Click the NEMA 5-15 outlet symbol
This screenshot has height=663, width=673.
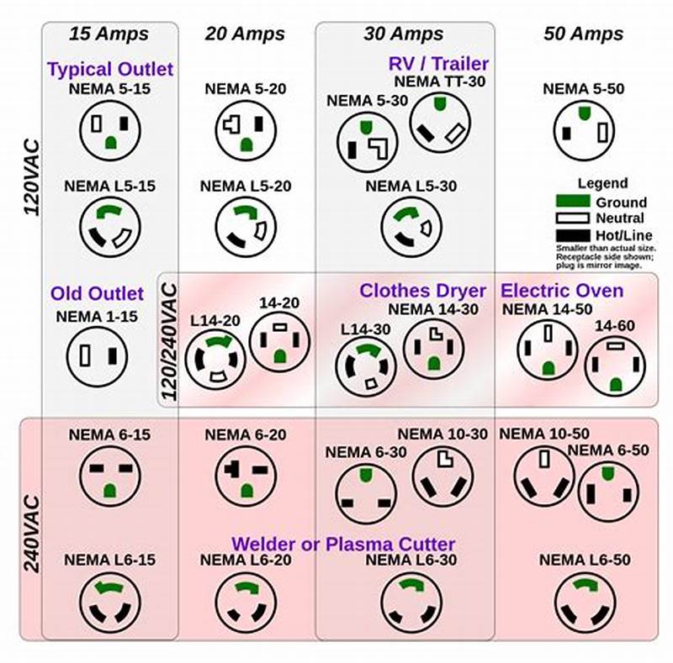point(110,130)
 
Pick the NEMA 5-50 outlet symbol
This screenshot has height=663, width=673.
point(583,129)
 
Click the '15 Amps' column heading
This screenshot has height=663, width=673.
point(109,34)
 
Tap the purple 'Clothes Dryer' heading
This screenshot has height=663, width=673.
point(422,291)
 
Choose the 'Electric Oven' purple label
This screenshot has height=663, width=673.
point(562,291)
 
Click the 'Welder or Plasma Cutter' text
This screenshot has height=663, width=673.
point(343,544)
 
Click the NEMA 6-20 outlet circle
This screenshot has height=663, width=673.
point(246,476)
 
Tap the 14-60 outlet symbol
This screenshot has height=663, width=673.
point(615,366)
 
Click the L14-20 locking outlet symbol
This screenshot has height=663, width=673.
point(215,359)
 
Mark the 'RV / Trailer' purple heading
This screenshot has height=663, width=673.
point(438,63)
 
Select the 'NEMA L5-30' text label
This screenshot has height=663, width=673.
point(411,186)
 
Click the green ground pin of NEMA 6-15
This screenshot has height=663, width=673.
point(109,491)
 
